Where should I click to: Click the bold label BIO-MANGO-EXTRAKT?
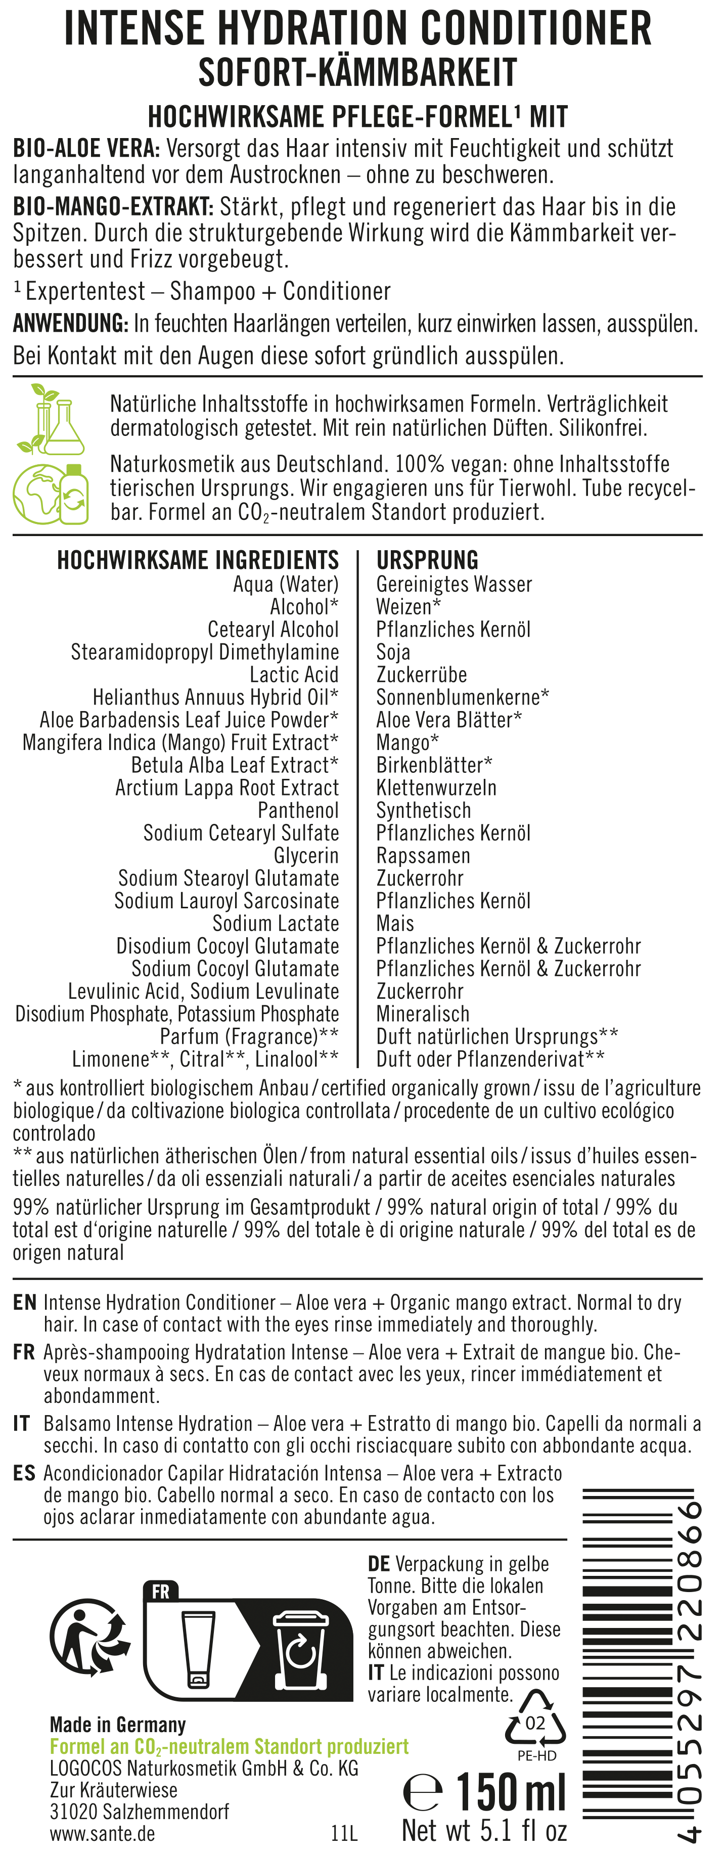113,207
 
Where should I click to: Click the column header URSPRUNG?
427,560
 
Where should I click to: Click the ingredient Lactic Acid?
294,674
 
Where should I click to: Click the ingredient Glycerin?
306,855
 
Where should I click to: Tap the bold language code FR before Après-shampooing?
24,1352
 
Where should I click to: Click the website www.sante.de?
102,1833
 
